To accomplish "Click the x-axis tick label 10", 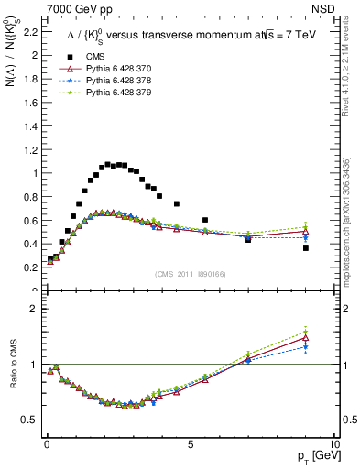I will point(334,444).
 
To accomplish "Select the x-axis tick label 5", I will point(191,444).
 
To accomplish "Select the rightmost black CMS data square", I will point(306,248).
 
